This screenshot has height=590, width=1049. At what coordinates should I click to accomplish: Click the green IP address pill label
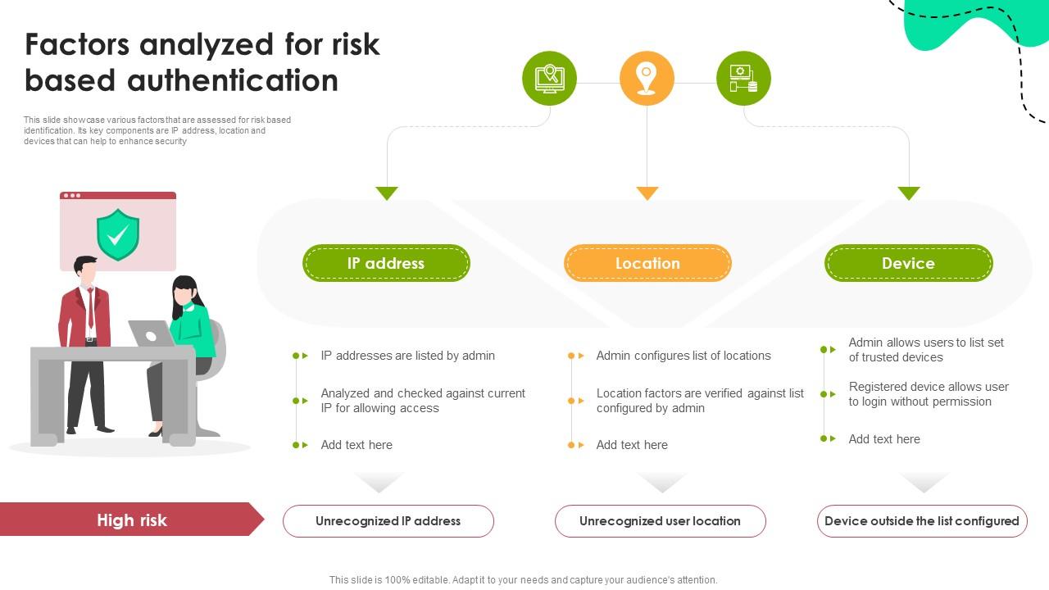(386, 263)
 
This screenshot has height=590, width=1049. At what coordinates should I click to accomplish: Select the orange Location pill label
(647, 263)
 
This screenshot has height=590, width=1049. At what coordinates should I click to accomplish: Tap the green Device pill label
(908, 263)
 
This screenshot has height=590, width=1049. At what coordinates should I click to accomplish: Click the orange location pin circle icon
(647, 79)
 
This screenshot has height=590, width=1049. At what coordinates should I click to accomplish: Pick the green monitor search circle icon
(549, 79)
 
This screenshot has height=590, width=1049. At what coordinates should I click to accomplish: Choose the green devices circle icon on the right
(743, 79)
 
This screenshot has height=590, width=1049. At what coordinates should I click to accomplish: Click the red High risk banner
(131, 520)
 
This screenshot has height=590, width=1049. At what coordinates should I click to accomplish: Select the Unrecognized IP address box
(388, 521)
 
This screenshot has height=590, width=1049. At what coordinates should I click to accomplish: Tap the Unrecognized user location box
(660, 521)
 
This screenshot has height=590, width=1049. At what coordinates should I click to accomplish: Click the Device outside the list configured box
(922, 521)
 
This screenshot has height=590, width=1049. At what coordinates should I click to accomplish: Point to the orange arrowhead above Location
(647, 193)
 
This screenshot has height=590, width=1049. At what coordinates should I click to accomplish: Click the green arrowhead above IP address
(387, 193)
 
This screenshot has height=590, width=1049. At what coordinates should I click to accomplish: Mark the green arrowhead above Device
(909, 193)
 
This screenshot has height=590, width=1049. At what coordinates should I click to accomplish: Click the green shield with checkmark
(118, 234)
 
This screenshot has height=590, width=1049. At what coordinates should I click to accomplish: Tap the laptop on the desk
(151, 334)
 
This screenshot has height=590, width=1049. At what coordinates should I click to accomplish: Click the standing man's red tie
(90, 306)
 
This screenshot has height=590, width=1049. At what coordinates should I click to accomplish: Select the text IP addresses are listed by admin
(407, 356)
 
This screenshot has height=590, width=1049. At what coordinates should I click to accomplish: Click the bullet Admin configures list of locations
(683, 356)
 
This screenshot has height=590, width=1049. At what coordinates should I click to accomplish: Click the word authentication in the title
(233, 80)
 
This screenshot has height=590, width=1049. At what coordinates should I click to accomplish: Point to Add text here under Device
(884, 439)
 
